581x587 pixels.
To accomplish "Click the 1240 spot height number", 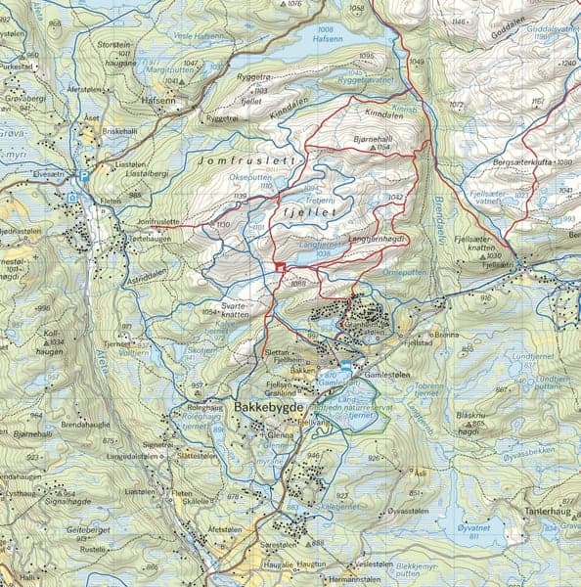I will (571, 64).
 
